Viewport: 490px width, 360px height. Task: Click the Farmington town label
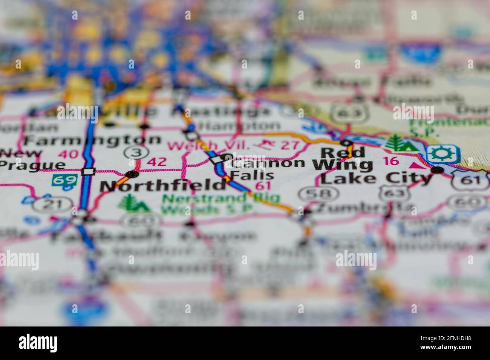92,140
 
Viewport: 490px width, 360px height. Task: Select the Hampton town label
239,126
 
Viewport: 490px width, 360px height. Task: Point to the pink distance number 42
156,162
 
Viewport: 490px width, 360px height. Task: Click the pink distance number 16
390,161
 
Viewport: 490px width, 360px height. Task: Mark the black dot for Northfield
132,174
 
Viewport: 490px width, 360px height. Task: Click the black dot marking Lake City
437,171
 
